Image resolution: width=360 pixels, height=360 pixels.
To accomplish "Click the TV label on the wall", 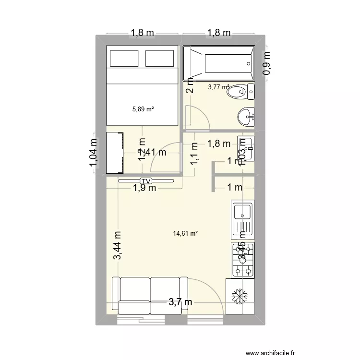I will tap(145, 180).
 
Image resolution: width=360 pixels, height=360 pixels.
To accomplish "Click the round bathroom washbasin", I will tap(246, 115).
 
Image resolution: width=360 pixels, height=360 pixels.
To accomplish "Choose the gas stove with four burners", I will tap(242, 260).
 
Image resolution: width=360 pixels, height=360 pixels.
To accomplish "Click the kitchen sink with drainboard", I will tap(242, 220).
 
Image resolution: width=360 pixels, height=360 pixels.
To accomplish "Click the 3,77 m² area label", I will tap(218, 87).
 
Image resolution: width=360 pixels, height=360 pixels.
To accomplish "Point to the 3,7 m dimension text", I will tap(180, 302).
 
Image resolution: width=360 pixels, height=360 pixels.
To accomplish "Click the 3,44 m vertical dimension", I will tap(118, 246).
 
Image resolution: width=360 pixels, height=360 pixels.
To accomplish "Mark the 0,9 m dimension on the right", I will tap(266, 63).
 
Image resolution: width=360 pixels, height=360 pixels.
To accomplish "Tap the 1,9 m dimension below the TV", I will tap(144, 188).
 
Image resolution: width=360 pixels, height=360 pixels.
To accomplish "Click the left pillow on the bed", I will tap(124, 59).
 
